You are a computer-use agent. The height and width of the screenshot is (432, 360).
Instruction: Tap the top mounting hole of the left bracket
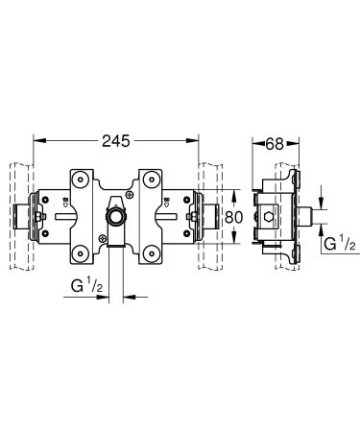[x=81, y=179]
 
